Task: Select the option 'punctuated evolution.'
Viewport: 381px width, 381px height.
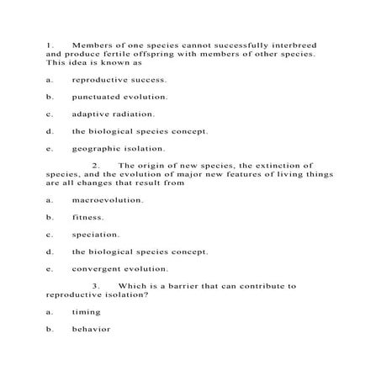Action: tap(119, 97)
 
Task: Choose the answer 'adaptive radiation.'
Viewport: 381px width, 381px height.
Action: tap(114, 114)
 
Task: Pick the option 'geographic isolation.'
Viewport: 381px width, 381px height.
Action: tap(119, 148)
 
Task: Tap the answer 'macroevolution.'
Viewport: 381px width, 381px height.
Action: tap(108, 200)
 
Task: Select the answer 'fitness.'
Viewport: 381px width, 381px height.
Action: tap(88, 217)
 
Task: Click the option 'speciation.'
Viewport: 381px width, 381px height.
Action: tap(96, 235)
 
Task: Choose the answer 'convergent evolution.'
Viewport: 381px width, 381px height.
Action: tap(120, 269)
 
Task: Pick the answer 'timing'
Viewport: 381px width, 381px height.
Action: tap(87, 311)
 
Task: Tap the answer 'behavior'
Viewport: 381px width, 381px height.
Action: tap(92, 329)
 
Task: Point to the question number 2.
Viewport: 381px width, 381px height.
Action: tap(96, 165)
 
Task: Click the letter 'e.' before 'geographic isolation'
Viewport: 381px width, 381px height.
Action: tap(50, 148)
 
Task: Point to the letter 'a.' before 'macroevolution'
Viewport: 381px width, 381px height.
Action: tap(50, 200)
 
